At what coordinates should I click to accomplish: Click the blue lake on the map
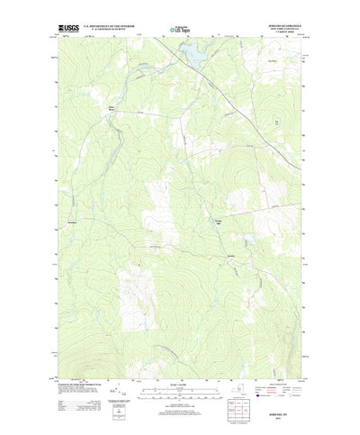point(191,55)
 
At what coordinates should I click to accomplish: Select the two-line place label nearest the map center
point(216,223)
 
